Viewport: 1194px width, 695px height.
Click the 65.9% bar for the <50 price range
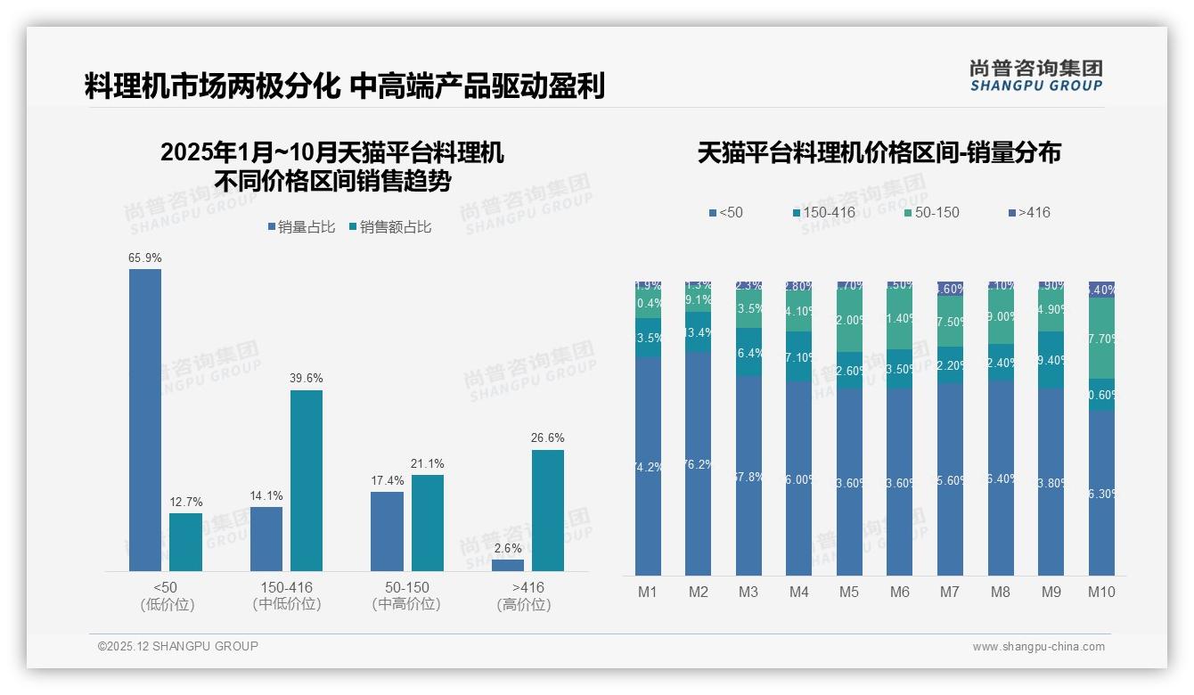coord(145,420)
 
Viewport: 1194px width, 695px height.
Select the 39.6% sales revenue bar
coord(307,480)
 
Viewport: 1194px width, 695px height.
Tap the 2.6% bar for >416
coord(508,565)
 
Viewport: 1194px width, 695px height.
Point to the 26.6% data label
coord(548,437)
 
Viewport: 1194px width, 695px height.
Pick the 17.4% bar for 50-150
coord(387,531)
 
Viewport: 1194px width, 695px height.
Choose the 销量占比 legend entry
coord(302,227)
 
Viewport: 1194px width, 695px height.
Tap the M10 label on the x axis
coord(1101,592)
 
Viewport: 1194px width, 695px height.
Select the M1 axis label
coord(648,592)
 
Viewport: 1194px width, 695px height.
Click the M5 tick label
coord(849,592)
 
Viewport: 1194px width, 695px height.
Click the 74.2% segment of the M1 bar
coord(648,466)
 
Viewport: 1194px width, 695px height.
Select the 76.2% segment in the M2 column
coord(698,463)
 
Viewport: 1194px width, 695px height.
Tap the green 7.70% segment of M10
coord(1101,338)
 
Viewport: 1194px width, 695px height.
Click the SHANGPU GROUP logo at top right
coord(1035,76)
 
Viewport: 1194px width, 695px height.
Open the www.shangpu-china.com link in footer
coord(1038,647)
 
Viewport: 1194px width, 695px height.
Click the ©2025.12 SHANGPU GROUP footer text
coord(178,646)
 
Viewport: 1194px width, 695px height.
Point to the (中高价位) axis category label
coord(406,604)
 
